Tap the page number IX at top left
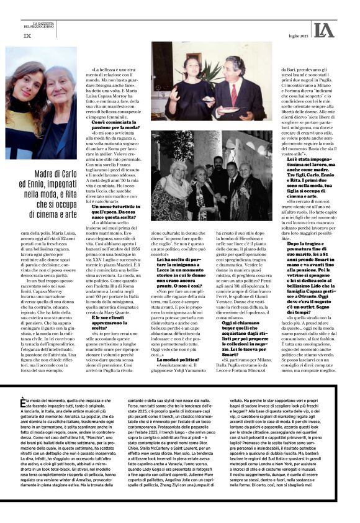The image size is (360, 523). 27,35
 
